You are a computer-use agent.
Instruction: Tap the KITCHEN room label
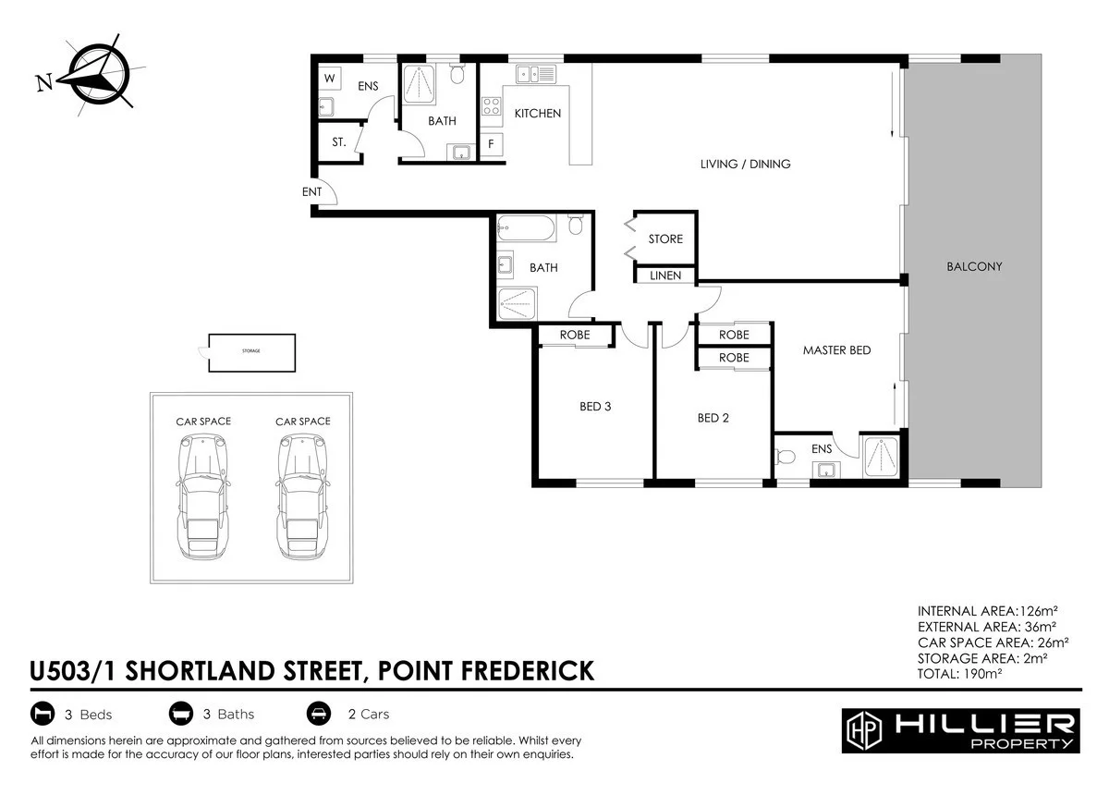click(537, 114)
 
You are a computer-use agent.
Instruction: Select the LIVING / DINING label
click(745, 165)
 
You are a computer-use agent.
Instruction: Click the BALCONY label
click(974, 267)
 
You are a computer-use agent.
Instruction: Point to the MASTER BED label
click(836, 350)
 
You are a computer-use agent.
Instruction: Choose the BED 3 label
click(595, 406)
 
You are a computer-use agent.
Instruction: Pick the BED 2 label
click(713, 418)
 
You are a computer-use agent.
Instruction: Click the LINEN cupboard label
click(665, 275)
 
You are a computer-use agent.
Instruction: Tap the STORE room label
click(665, 239)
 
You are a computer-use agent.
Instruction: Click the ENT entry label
click(311, 192)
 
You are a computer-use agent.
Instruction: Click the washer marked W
click(329, 79)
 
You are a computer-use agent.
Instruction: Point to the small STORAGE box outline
click(251, 352)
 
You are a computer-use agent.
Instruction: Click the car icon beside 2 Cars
click(317, 714)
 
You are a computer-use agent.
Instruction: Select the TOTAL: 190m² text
click(959, 674)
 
